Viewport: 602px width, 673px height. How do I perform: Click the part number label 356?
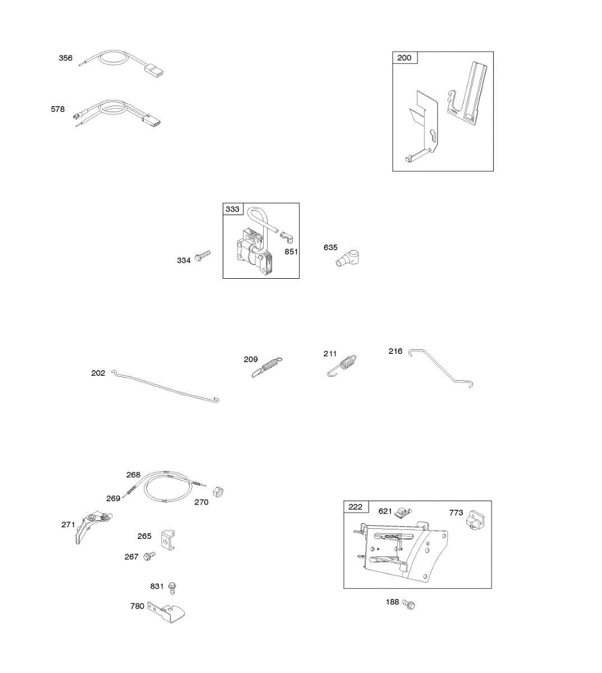pyautogui.click(x=66, y=58)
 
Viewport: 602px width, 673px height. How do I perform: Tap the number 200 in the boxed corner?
pyautogui.click(x=404, y=58)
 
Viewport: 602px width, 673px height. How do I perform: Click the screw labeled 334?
pyautogui.click(x=202, y=258)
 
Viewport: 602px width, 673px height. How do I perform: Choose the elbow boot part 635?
pyautogui.click(x=348, y=259)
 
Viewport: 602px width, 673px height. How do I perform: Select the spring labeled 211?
pyautogui.click(x=343, y=365)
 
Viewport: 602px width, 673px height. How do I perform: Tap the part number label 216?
pyautogui.click(x=395, y=351)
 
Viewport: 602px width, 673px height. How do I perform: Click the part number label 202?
pyautogui.click(x=98, y=373)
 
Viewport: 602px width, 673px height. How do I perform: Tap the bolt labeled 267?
pyautogui.click(x=149, y=556)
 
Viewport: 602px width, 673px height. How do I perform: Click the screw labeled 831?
pyautogui.click(x=173, y=587)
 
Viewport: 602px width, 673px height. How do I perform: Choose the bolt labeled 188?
pyautogui.click(x=410, y=604)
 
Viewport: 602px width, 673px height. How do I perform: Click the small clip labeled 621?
pyautogui.click(x=401, y=513)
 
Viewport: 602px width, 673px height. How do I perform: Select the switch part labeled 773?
pyautogui.click(x=474, y=519)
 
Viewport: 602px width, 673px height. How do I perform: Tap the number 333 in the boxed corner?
pyautogui.click(x=232, y=209)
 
